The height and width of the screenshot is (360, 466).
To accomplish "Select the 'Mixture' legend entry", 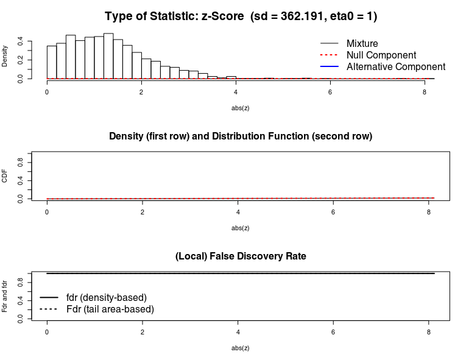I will tap(362, 43).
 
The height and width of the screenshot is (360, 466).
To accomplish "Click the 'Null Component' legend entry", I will tap(381, 55).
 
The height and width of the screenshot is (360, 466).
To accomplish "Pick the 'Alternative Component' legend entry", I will tap(395, 66).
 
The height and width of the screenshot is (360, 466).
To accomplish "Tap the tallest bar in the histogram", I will tap(108, 56).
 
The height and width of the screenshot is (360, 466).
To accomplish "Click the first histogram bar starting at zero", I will tap(52, 62).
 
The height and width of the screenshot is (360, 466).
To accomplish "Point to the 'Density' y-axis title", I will tap(5, 56).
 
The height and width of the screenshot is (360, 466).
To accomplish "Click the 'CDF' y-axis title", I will tap(5, 176).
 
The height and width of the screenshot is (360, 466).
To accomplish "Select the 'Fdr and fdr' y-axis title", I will tap(5, 296).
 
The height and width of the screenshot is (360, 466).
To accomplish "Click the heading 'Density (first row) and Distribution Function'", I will tap(241, 136).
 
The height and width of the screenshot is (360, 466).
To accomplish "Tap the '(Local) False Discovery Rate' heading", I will tap(241, 256).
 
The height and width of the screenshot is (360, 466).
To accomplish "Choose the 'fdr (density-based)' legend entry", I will tap(106, 297).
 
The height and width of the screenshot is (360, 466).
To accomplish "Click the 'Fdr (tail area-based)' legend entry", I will tap(110, 309).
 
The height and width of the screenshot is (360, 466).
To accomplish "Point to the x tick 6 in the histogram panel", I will tap(330, 92).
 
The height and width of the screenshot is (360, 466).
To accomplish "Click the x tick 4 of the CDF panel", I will tap(238, 212).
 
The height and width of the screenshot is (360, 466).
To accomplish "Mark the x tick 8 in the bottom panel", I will tap(429, 333).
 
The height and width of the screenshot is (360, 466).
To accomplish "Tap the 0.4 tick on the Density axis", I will tap(21, 41).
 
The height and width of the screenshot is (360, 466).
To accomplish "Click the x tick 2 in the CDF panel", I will tap(143, 212).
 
